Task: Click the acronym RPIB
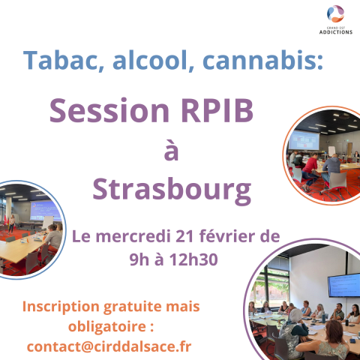click(x=217, y=110)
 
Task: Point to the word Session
click(x=109, y=110)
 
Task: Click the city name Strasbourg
click(x=172, y=189)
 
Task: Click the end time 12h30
click(x=193, y=259)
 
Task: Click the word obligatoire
click(x=107, y=327)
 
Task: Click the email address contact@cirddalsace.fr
click(x=109, y=346)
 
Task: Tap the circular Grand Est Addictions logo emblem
click(x=335, y=13)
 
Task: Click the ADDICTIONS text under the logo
click(x=336, y=32)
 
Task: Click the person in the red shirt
click(x=310, y=171)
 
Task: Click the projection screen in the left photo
click(x=45, y=211)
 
